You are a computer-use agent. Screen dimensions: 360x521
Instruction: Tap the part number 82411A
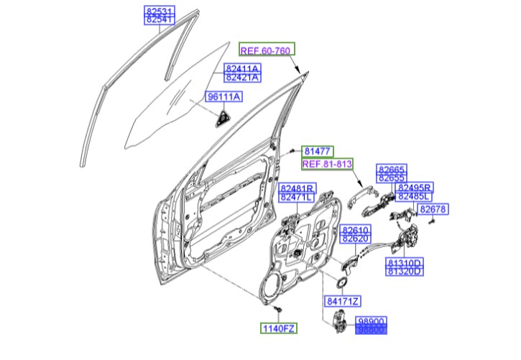click(x=242, y=68)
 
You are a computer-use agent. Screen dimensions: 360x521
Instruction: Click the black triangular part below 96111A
click(x=222, y=119)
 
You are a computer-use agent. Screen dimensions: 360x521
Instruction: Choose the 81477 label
click(x=316, y=152)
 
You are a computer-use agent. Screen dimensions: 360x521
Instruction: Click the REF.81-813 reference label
click(x=327, y=165)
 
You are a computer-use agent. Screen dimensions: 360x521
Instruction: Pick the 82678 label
click(x=433, y=209)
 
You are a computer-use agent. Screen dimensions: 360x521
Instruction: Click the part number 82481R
click(x=297, y=188)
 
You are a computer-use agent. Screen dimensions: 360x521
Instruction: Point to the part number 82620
click(x=355, y=238)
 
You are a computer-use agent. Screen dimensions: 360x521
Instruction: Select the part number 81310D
click(x=405, y=262)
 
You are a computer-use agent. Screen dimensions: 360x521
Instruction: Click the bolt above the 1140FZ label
click(x=279, y=308)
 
